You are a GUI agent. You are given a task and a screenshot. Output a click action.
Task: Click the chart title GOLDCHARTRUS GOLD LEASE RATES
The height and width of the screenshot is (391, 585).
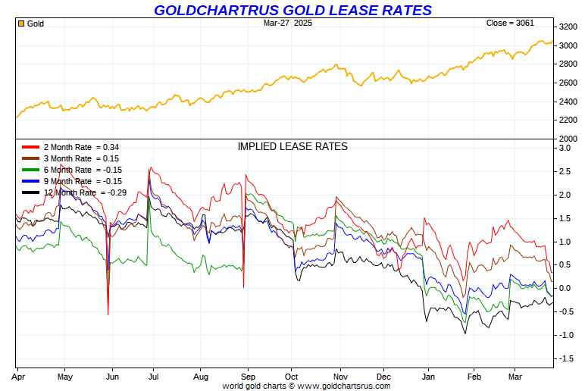point(292,10)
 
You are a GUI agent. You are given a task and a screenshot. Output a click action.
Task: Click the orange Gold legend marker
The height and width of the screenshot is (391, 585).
point(21,23)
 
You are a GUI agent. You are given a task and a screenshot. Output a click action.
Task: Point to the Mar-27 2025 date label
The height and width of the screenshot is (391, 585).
point(288,23)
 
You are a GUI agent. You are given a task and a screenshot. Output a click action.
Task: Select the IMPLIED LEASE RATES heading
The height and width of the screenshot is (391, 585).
point(292,146)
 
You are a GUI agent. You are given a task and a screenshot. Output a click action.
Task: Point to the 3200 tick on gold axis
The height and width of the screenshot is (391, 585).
point(568,27)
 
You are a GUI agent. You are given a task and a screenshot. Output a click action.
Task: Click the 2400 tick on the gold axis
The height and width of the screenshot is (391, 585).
point(568,102)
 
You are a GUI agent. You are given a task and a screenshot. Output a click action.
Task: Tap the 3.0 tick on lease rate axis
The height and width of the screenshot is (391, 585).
point(565,148)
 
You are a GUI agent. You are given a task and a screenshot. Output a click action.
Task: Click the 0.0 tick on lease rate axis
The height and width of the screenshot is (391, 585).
point(565,288)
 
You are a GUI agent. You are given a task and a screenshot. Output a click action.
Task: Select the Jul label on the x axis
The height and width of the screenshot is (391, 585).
point(154,376)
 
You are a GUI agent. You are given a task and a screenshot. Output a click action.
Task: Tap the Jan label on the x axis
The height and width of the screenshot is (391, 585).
point(429,376)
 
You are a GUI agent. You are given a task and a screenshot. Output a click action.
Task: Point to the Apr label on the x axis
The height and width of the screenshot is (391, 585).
point(18,376)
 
